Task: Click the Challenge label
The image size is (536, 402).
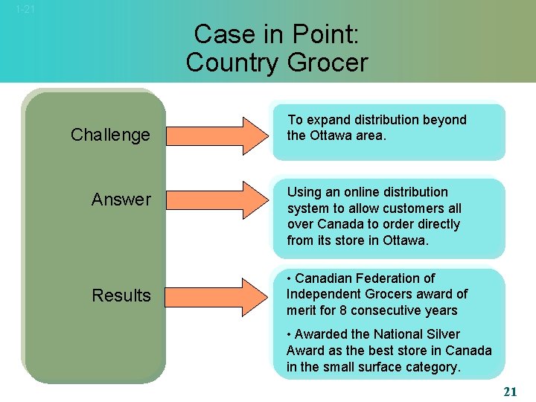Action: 110,135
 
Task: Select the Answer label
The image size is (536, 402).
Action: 121,200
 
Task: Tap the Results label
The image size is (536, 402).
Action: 121,296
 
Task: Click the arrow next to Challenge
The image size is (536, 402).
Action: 217,135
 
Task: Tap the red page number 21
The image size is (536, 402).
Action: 509,391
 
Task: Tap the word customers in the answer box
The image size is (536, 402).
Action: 406,208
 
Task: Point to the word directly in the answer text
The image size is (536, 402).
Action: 434,224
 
